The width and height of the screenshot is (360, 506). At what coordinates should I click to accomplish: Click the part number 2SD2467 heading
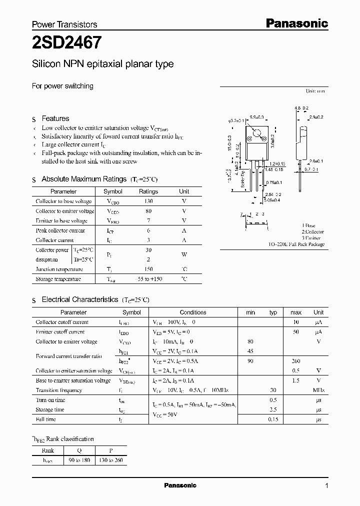tap(67, 43)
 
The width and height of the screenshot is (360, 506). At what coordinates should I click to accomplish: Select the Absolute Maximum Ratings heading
tap(84, 179)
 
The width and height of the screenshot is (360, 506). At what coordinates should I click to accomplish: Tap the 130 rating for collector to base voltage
tap(148, 201)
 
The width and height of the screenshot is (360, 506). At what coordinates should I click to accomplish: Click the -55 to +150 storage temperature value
tap(148, 279)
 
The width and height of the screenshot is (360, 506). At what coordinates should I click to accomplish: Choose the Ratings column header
tap(148, 191)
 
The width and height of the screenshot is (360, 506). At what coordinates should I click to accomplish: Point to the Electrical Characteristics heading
tap(79, 299)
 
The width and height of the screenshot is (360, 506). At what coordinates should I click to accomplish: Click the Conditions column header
tap(193, 312)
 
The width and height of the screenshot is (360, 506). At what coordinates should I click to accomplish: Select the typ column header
tap(273, 312)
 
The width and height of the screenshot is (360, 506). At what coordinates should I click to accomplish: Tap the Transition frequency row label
tap(59, 390)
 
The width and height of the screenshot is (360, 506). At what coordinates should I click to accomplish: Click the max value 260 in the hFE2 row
tap(296, 361)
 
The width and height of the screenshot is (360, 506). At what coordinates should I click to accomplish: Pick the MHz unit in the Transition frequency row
tap(318, 390)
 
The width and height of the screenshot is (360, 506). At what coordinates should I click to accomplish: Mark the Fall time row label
tap(46, 419)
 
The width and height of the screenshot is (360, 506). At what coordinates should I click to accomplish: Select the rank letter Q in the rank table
tap(78, 449)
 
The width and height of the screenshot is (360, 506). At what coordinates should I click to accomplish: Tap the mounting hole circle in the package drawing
tap(257, 133)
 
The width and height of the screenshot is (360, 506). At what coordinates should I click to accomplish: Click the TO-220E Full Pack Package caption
tap(296, 244)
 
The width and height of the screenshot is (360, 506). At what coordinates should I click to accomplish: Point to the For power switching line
tap(62, 86)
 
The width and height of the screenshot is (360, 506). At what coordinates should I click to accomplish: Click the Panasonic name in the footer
tap(180, 485)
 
